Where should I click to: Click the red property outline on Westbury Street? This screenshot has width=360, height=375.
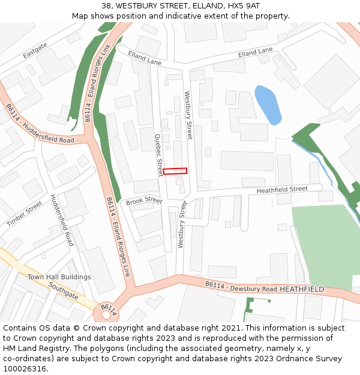(x=175, y=171)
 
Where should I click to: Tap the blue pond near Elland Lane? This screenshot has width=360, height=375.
(x=268, y=104)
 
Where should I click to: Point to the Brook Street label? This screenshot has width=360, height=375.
(x=144, y=201)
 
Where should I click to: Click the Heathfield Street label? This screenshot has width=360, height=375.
(x=282, y=190)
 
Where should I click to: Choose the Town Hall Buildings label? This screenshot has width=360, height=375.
(x=59, y=277)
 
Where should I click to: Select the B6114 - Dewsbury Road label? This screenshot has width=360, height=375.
(x=241, y=287)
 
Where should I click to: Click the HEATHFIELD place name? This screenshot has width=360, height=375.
(x=302, y=289)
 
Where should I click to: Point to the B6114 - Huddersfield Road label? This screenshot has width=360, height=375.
(x=40, y=124)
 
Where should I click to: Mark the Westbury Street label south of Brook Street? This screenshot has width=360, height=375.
(x=180, y=229)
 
